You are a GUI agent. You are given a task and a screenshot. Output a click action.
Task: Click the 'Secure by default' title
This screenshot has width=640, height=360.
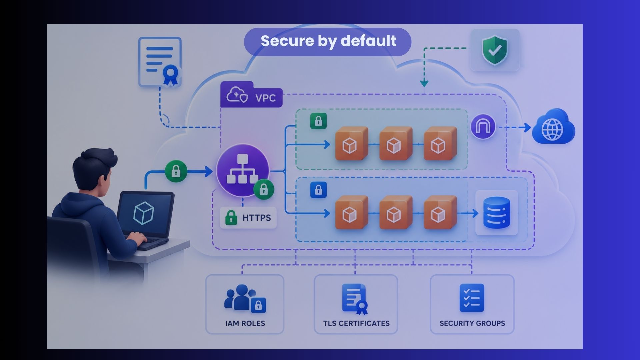pyautogui.click(x=328, y=41)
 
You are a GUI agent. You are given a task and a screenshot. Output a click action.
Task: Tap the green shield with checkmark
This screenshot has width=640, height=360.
pyautogui.click(x=495, y=50)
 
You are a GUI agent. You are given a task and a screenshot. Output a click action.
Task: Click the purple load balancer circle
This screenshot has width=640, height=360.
pyautogui.click(x=242, y=170)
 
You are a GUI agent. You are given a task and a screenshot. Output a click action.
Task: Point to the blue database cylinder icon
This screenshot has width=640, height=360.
pyautogui.click(x=496, y=213)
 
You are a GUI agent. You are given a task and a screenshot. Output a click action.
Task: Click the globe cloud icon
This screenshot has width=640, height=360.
pyautogui.click(x=553, y=126)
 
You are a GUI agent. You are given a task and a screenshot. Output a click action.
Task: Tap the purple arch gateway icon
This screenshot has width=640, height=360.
pyautogui.click(x=483, y=127)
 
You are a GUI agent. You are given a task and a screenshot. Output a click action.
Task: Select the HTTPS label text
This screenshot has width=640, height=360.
pyautogui.click(x=256, y=218)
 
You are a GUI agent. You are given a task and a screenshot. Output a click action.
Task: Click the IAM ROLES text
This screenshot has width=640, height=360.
pyautogui.click(x=245, y=323)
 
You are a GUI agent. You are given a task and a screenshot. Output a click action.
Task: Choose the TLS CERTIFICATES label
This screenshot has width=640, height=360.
pyautogui.click(x=356, y=323)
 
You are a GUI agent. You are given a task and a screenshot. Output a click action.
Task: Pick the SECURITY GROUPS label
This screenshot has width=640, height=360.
pyautogui.click(x=472, y=323)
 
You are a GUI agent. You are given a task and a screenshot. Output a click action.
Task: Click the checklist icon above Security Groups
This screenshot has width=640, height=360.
pyautogui.click(x=472, y=298)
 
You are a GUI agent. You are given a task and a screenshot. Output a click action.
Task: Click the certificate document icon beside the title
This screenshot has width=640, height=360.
pyautogui.click(x=160, y=62)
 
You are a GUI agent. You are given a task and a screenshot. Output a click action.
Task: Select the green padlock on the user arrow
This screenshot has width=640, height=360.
pyautogui.click(x=176, y=171)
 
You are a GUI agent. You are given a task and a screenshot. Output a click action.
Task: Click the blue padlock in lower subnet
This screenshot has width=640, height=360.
pyautogui.click(x=318, y=190)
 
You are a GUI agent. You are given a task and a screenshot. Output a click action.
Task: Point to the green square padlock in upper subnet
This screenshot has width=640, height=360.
pyautogui.click(x=318, y=121)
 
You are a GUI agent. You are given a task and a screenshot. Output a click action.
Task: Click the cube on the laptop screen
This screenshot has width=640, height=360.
pyautogui.click(x=143, y=213)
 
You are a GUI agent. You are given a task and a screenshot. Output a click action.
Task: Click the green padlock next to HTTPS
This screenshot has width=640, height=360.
pyautogui.click(x=231, y=218)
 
